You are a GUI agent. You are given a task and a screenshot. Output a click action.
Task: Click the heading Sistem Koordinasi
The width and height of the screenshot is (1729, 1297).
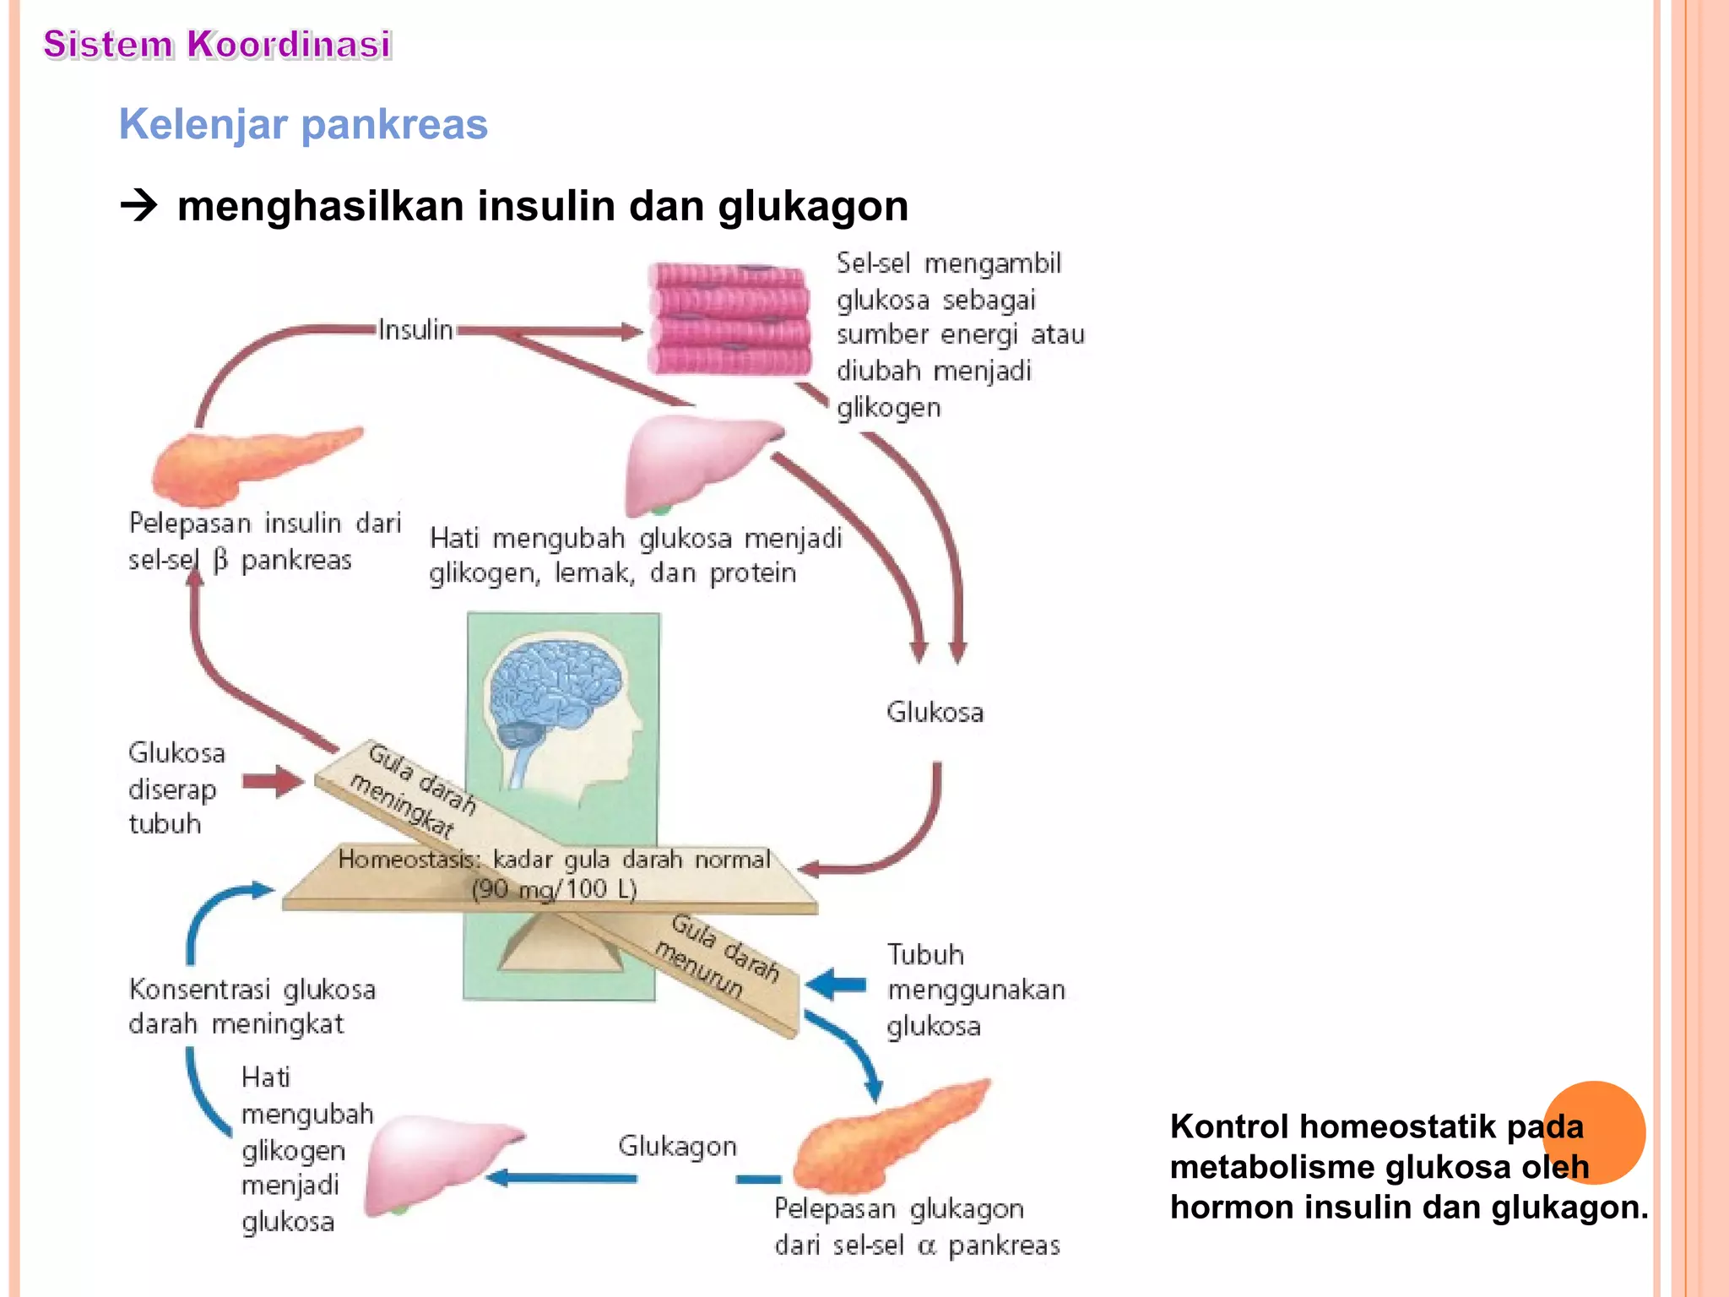(217, 44)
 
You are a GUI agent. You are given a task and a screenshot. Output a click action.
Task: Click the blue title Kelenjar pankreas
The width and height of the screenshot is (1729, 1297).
(303, 124)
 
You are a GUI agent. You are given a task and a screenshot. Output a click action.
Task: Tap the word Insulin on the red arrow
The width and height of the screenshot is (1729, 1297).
(415, 329)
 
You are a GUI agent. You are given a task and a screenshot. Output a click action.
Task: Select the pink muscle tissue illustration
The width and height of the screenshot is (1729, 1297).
(729, 319)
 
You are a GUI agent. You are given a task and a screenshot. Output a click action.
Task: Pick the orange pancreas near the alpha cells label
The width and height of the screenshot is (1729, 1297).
(886, 1136)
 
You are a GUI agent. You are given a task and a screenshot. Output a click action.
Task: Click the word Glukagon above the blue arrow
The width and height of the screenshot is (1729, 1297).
(677, 1146)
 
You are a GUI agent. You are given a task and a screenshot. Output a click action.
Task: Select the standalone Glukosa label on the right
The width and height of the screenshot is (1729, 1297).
(935, 712)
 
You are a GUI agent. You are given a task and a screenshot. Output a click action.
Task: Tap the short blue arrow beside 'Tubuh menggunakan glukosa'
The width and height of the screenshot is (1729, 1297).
(836, 985)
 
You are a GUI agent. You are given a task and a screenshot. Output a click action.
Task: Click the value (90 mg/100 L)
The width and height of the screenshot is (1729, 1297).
(553, 888)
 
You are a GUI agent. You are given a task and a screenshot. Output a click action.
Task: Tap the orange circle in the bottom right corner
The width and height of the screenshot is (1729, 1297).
(1593, 1132)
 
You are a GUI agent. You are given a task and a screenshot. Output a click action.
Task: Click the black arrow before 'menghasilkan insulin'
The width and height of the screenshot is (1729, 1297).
(139, 205)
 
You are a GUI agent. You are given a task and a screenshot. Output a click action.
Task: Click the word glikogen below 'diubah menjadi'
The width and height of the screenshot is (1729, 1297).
(888, 408)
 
